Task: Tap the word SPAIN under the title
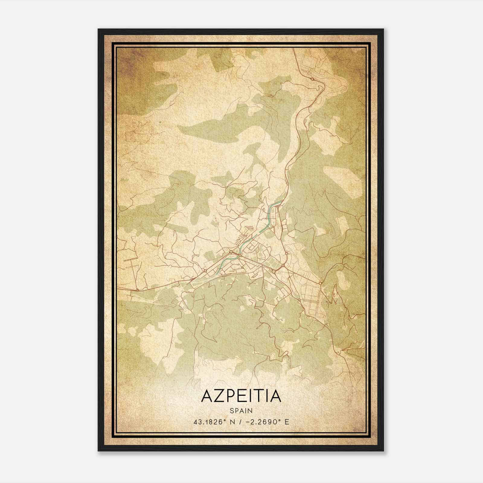pyautogui.click(x=241, y=411)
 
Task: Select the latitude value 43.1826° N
pyautogui.click(x=215, y=422)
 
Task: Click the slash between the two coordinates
pyautogui.click(x=241, y=422)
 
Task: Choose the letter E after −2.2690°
pyautogui.click(x=287, y=422)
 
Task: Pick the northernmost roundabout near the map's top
pyautogui.click(x=312, y=79)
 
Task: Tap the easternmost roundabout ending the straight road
pyautogui.click(x=320, y=283)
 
